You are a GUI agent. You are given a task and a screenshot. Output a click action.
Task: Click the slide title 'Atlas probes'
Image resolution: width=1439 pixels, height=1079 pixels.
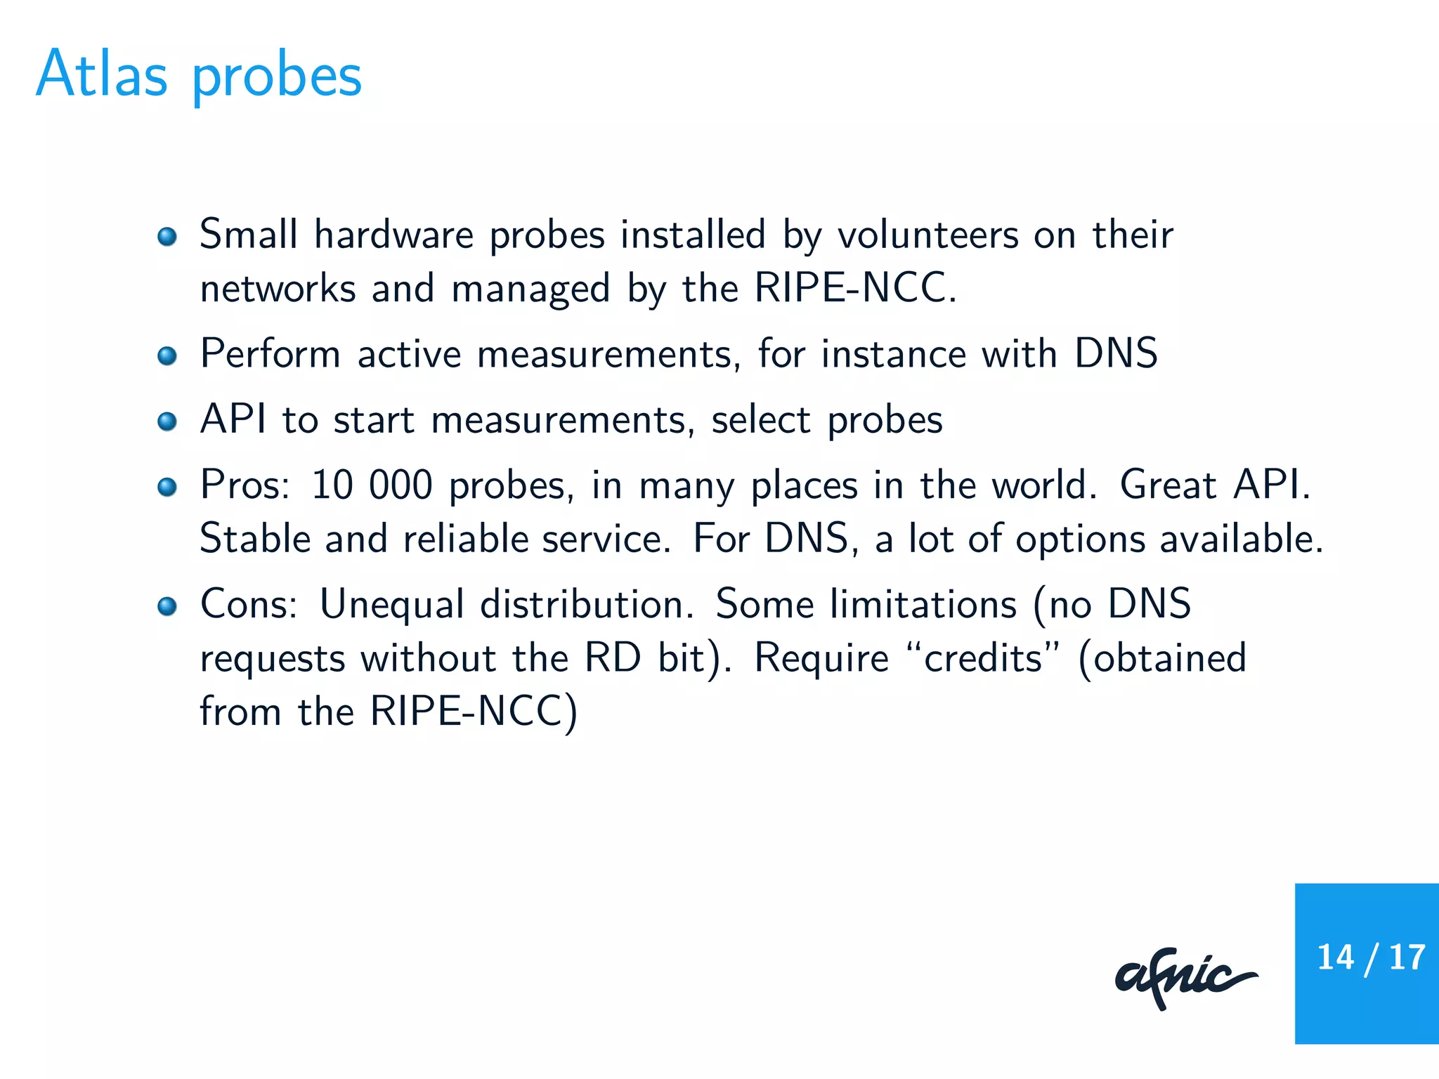[x=199, y=75]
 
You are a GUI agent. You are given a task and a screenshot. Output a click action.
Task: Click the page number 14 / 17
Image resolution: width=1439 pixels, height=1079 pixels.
[x=1370, y=957]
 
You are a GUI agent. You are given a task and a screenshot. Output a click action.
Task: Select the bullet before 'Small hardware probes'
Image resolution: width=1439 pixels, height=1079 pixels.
[x=167, y=237]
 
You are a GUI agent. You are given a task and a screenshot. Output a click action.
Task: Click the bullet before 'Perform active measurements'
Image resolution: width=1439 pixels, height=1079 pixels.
[x=167, y=355]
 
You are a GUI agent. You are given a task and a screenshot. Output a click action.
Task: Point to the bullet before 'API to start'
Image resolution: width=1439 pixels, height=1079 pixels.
[x=167, y=421]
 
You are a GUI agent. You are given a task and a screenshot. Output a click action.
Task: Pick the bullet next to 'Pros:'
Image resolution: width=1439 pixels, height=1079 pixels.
[x=167, y=487]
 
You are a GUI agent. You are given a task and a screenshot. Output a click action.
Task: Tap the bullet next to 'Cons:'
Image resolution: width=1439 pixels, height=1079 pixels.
[x=167, y=606]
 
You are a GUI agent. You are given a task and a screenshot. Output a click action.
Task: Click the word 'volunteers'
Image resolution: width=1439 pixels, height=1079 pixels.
[x=927, y=235]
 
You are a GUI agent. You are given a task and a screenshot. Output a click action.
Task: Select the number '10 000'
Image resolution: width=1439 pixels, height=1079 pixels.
[x=372, y=485]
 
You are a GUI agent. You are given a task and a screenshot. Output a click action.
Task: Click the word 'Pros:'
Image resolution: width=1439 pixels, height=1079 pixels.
[x=245, y=485]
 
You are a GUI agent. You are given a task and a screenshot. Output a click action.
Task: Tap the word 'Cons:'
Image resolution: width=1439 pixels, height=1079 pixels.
[x=249, y=604]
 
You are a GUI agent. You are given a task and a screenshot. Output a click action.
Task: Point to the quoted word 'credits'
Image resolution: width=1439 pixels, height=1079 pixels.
[x=982, y=659]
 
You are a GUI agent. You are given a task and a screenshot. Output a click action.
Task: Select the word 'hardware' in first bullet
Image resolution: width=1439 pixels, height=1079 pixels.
[x=393, y=235]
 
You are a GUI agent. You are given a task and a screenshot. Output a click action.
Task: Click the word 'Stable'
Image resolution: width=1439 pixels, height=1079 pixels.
[x=255, y=539]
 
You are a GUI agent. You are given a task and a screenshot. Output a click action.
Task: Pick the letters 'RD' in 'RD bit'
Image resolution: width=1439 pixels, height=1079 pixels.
[x=613, y=659]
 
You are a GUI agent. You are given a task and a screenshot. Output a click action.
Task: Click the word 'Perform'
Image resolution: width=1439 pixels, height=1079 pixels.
[x=271, y=354]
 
